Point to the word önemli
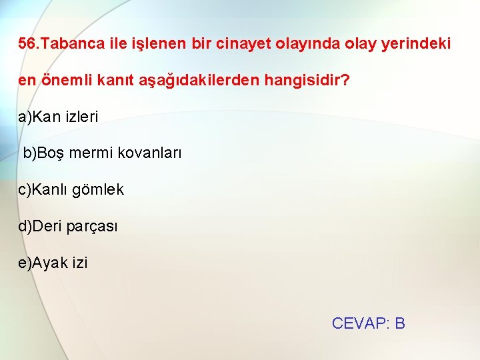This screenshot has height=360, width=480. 65,81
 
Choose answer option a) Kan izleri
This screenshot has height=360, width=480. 58,117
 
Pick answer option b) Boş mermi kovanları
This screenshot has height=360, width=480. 102,153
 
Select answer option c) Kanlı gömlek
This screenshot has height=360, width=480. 71,190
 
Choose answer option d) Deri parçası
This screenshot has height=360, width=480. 68,227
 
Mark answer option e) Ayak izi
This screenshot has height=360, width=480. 53,263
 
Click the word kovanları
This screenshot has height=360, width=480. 149,153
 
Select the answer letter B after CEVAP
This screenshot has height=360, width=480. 400,323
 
